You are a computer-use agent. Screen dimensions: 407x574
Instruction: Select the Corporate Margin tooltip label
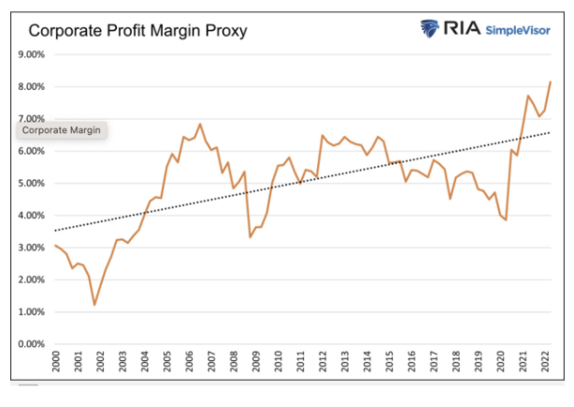pos(61,131)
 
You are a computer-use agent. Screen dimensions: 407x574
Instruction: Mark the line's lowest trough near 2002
pos(94,304)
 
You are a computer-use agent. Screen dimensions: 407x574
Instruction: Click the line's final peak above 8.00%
pos(550,81)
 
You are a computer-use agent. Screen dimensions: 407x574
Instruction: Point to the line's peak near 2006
pos(200,124)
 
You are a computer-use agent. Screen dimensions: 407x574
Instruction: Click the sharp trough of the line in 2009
pos(250,237)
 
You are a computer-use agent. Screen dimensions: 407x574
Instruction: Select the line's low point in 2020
pos(506,220)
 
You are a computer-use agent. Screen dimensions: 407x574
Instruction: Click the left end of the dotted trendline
pos(56,230)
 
